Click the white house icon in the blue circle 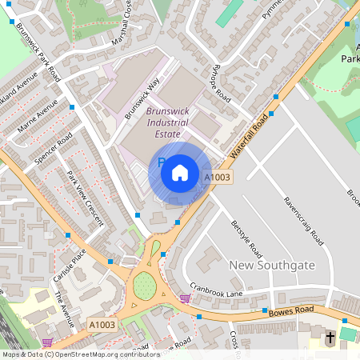[180, 172]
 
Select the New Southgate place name [272, 265]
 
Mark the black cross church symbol [330, 338]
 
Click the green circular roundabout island [144, 285]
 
